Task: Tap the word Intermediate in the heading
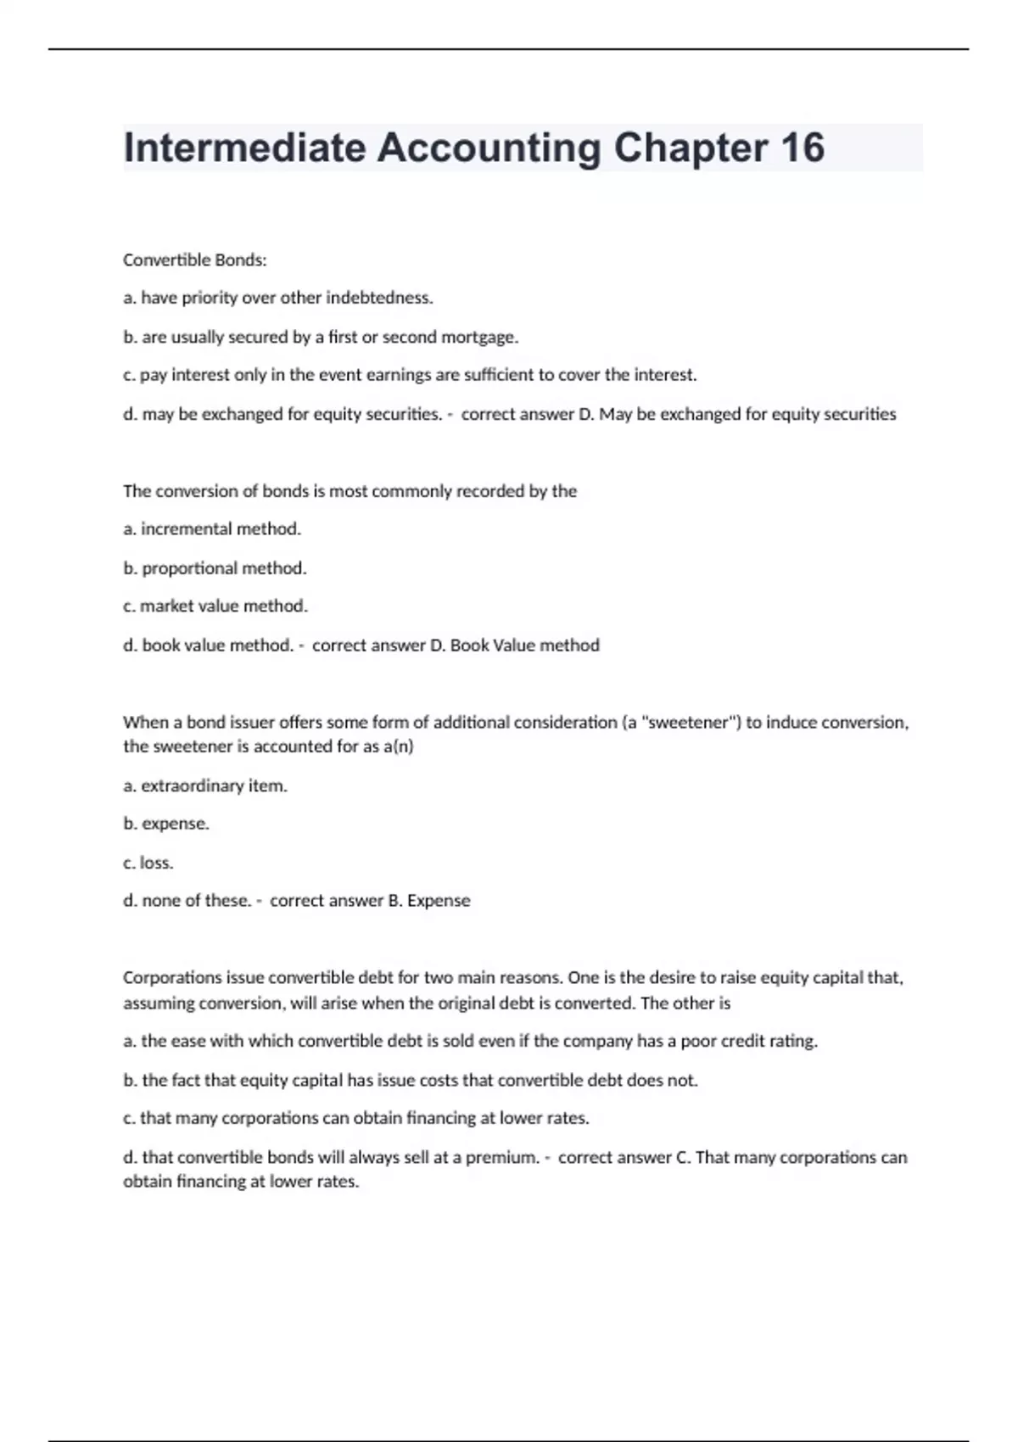pyautogui.click(x=244, y=148)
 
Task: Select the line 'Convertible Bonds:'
pyautogui.click(x=194, y=260)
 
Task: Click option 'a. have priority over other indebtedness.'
pyautogui.click(x=277, y=298)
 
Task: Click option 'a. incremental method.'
pyautogui.click(x=211, y=529)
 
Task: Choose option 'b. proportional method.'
pyautogui.click(x=215, y=567)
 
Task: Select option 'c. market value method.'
pyautogui.click(x=215, y=606)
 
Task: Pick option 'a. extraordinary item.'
pyautogui.click(x=204, y=785)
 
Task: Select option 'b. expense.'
pyautogui.click(x=165, y=824)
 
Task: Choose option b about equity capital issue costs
pyautogui.click(x=410, y=1080)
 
